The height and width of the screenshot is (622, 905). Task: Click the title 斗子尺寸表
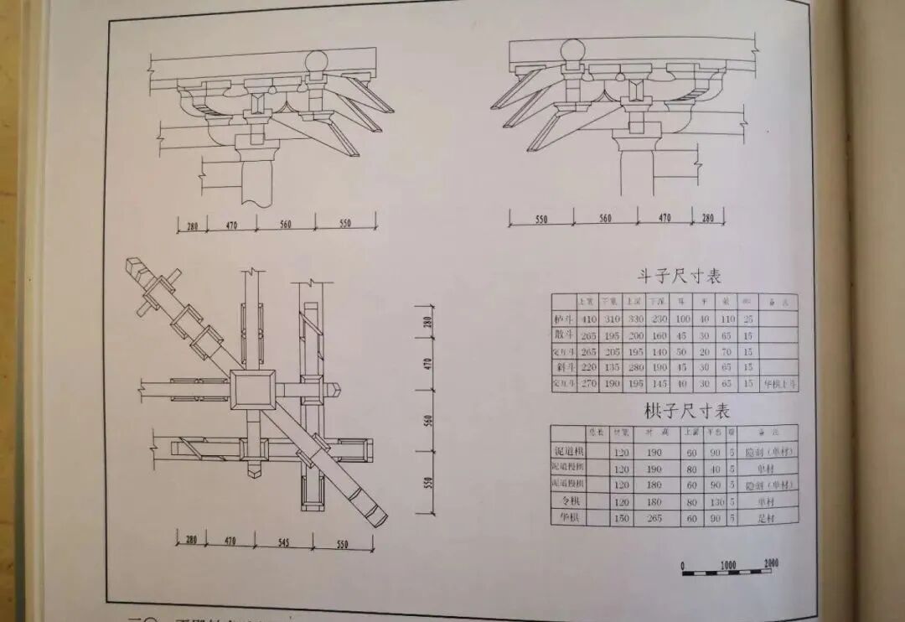tap(680, 276)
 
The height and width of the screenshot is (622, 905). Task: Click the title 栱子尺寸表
tap(687, 411)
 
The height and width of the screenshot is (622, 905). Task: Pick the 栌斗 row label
tap(562, 318)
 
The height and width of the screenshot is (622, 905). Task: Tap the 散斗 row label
tap(562, 334)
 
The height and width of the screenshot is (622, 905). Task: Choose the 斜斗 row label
tap(562, 367)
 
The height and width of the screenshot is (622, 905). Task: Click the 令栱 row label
tap(567, 500)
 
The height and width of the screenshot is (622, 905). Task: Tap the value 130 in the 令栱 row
tap(713, 501)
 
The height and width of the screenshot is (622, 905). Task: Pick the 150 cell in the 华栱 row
tap(621, 518)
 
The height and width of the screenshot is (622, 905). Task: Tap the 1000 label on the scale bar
tap(727, 565)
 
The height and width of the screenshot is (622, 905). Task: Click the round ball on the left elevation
tap(317, 61)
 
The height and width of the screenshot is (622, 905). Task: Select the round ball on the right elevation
tap(571, 50)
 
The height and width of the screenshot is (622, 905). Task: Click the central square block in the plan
tap(252, 390)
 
